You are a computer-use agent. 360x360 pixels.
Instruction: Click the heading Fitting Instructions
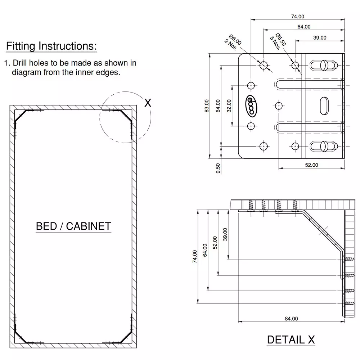pos(51,46)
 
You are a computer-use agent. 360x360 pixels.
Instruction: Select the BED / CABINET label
pos(73,226)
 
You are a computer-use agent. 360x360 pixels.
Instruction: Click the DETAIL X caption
pos(291,339)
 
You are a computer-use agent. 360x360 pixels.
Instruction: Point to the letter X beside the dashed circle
pos(148,103)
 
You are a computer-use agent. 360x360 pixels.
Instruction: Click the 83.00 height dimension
pos(207,106)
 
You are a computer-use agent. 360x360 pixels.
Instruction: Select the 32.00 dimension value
pos(229,106)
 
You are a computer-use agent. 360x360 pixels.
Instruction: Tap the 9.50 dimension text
pos(217,168)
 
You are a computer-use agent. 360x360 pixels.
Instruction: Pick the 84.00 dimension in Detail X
pos(291,319)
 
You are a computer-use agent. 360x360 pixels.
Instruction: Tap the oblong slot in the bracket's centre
pos(323,105)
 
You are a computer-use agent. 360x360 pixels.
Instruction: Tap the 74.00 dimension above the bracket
pos(297,16)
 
